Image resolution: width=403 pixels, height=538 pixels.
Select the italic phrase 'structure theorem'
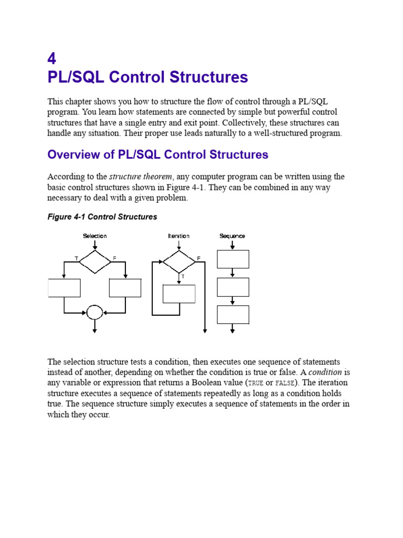[x=140, y=177]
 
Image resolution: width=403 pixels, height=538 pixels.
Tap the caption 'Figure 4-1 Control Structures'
[x=102, y=216]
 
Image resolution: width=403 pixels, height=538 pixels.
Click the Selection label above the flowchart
[x=95, y=236]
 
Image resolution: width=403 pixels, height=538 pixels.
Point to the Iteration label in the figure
[x=178, y=236]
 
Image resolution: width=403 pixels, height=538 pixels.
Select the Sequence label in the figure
[x=232, y=236]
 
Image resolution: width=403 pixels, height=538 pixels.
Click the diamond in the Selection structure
[x=95, y=261]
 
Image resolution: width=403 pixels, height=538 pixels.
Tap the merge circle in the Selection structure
[x=94, y=313]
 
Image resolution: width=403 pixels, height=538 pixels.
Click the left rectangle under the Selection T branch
[x=64, y=288]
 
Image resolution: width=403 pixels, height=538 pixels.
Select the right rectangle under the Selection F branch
[x=125, y=288]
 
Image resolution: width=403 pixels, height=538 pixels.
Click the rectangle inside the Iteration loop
[x=179, y=294]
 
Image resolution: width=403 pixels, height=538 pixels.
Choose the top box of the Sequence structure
[x=233, y=259]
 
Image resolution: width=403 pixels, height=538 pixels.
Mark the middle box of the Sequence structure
[x=233, y=287]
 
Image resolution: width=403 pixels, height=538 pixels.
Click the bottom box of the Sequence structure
[x=233, y=315]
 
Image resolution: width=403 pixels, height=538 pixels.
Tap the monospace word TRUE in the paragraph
[x=255, y=383]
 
